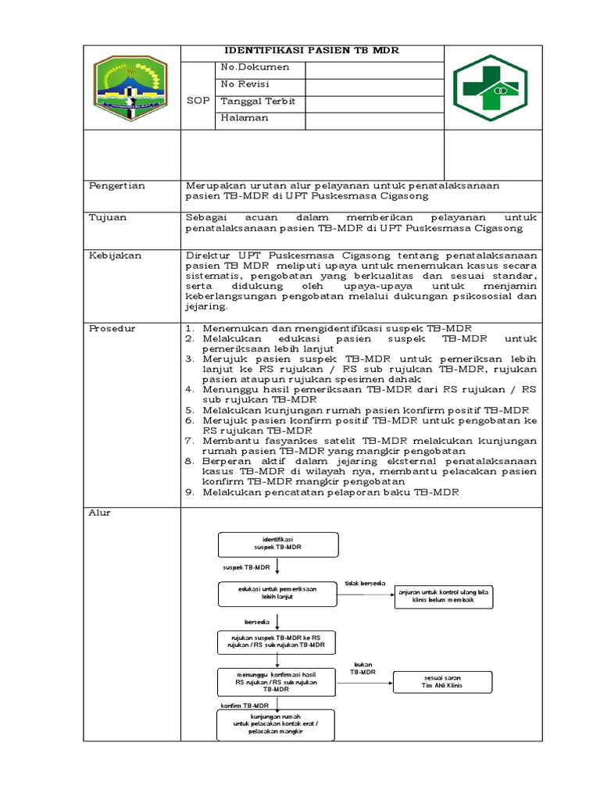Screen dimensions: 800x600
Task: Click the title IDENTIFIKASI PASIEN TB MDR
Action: [312, 51]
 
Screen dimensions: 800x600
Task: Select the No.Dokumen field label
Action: [255, 68]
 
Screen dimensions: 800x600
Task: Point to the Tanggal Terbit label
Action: [258, 102]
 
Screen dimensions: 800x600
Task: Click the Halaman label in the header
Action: [245, 118]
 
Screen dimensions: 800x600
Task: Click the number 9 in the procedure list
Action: [189, 493]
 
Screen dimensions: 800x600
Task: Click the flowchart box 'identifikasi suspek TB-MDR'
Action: [278, 544]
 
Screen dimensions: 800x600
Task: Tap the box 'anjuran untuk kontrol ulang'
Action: [453, 595]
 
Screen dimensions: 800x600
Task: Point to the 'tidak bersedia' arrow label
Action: [364, 583]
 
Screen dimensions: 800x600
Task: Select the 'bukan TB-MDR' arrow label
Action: [362, 668]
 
